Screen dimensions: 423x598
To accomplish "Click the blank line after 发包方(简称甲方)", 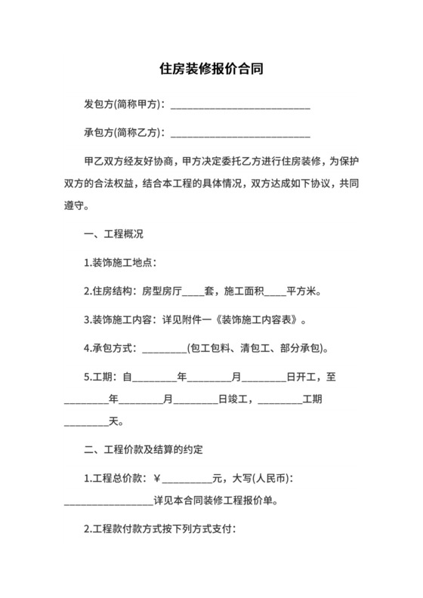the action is pyautogui.click(x=241, y=104).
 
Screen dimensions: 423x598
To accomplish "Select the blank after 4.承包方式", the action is pyautogui.click(x=164, y=349).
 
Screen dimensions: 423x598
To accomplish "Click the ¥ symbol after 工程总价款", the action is pyautogui.click(x=157, y=477).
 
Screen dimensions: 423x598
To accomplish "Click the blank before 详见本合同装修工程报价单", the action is pyautogui.click(x=109, y=501).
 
